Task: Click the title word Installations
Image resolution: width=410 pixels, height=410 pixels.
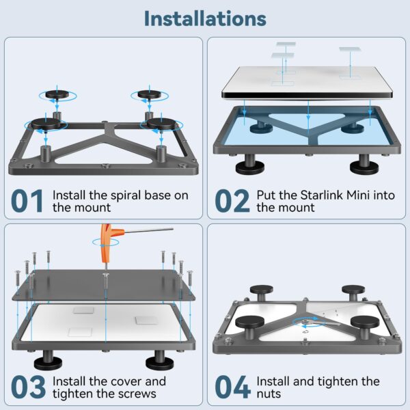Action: (205, 18)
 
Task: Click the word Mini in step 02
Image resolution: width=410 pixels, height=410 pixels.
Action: (366, 195)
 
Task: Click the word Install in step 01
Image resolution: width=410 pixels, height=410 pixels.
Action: (69, 195)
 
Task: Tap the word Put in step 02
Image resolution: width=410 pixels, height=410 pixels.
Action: (267, 195)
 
